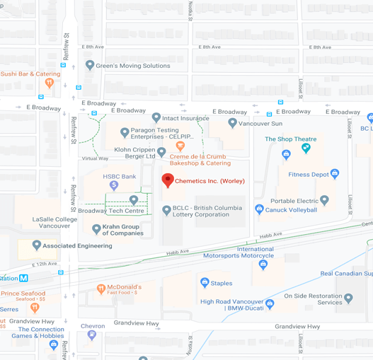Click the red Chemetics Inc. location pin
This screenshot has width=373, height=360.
168,180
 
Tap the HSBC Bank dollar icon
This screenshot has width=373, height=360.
114,185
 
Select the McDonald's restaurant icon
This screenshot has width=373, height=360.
101,289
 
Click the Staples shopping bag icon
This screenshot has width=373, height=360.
205,283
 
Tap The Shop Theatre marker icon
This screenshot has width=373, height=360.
306,148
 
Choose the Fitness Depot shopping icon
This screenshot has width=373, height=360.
335,174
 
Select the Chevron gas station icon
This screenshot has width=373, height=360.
92,335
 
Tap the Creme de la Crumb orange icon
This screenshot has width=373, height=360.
180,146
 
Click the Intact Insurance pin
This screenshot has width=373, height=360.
156,118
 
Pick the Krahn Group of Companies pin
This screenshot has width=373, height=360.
97,229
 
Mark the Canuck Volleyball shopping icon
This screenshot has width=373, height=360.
259,209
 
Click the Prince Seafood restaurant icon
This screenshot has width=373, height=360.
34,307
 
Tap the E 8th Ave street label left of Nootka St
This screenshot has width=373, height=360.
92,47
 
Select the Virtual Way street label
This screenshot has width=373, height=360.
95,158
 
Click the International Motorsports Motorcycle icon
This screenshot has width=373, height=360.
263,265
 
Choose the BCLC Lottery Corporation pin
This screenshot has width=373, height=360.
166,211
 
